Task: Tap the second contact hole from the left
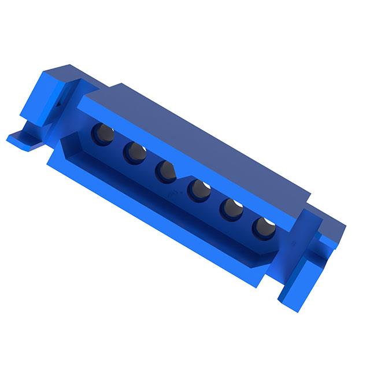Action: pos(135,153)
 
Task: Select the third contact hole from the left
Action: pos(166,171)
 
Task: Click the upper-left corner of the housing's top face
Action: pos(119,86)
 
